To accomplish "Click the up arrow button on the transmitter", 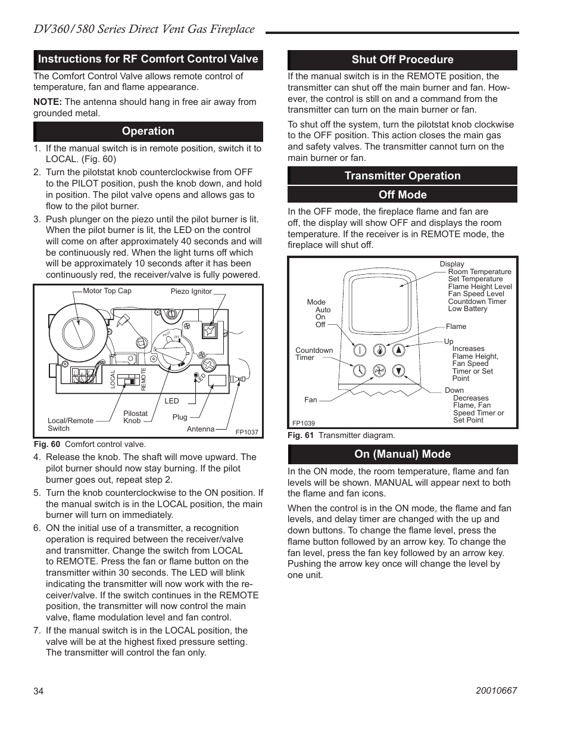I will click(400, 350).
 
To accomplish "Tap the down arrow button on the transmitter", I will click(400, 370).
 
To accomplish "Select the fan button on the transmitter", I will click(379, 371).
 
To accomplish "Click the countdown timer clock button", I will click(359, 371).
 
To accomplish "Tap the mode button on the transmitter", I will click(359, 350).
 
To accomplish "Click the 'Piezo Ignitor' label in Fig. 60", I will click(191, 291).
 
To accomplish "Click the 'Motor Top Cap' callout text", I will click(107, 291).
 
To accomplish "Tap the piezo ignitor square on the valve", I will click(210, 331).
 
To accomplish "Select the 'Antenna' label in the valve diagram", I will click(201, 429).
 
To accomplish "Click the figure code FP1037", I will click(246, 432).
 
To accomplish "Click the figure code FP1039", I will click(304, 423).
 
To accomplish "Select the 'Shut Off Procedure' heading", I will click(402, 60).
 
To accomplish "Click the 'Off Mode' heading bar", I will click(402, 195).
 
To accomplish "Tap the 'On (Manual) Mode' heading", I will click(402, 454).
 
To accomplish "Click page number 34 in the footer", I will click(39, 691).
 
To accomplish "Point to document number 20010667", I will click(496, 691).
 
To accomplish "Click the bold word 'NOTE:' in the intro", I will click(48, 102).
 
